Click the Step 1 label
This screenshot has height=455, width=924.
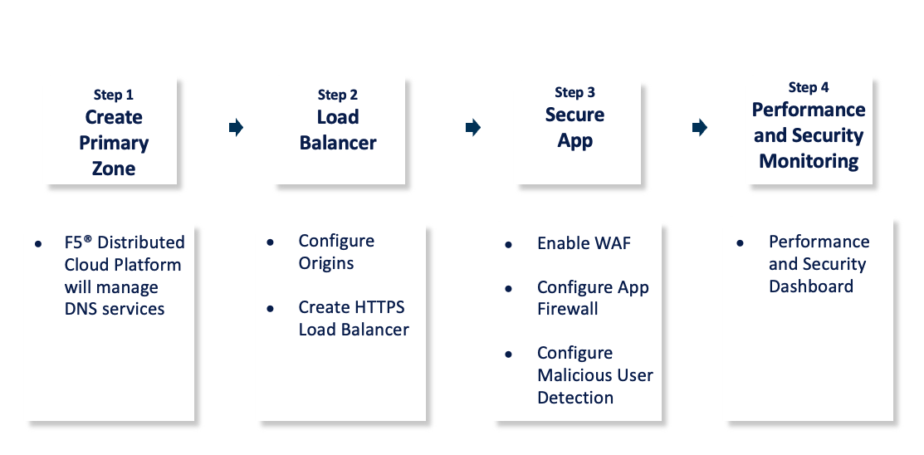tap(113, 95)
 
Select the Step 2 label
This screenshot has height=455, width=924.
tap(338, 95)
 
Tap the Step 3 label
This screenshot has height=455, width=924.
tap(575, 92)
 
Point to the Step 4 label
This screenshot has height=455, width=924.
tap(809, 87)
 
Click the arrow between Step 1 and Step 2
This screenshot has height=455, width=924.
tap(236, 127)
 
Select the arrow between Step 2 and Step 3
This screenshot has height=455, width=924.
tap(473, 127)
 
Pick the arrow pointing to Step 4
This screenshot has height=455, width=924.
tap(700, 127)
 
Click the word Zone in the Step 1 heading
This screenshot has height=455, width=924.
tap(114, 169)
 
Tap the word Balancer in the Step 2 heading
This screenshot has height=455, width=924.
tap(338, 143)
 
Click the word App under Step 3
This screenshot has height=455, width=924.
tap(575, 140)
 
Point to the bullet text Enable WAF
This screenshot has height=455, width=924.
tap(584, 243)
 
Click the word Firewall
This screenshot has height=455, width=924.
tap(568, 309)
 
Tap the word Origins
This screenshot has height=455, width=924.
tap(326, 263)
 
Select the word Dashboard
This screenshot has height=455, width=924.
tap(811, 286)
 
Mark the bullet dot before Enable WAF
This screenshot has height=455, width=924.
tap(508, 245)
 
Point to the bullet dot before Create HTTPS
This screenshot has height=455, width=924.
tap(270, 309)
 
